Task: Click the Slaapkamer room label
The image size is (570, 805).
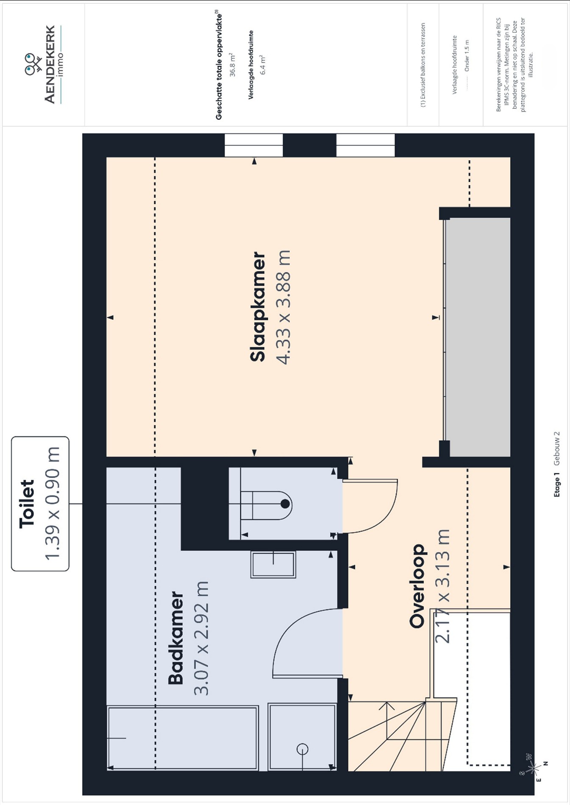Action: click(258, 307)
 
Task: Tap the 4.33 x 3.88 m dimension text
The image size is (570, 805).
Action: click(283, 307)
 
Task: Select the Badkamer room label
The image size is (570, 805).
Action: click(176, 638)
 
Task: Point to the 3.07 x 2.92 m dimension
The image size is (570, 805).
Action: click(201, 638)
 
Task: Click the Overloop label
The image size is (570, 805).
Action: click(417, 586)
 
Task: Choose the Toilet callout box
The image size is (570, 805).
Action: click(40, 504)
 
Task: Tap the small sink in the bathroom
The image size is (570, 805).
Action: click(273, 564)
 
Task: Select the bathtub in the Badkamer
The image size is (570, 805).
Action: click(183, 738)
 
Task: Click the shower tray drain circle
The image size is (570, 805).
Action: click(302, 749)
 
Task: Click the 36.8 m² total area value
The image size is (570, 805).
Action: click(232, 65)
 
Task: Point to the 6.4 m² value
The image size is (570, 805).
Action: click(263, 65)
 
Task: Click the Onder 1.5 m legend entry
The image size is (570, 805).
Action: click(467, 56)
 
